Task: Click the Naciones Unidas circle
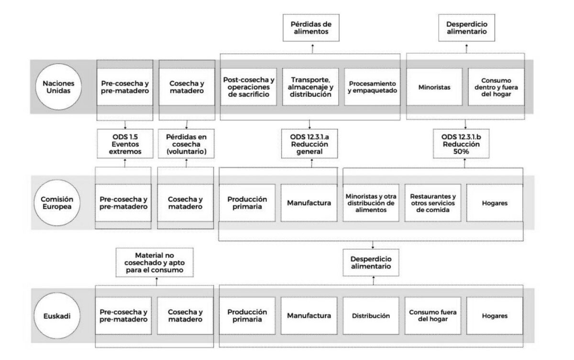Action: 58,87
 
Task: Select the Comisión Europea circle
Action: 57,203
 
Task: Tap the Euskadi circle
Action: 57,316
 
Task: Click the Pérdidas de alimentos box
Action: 311,28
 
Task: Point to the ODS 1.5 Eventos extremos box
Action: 125,144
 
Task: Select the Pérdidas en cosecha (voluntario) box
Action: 186,144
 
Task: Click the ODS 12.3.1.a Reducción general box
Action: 309,144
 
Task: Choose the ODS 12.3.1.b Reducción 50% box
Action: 461,144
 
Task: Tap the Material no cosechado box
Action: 155,262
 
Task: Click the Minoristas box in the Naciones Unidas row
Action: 434,87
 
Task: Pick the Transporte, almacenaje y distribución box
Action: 310,87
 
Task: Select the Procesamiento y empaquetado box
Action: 372,87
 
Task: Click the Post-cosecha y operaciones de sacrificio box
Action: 249,87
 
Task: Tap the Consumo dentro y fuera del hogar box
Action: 496,87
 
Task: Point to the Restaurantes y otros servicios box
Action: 433,203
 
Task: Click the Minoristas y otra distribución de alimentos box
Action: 371,203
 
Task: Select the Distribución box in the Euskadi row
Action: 371,316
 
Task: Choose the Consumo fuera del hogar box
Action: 433,316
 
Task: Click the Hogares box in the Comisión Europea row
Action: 495,203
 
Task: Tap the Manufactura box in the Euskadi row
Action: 309,316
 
